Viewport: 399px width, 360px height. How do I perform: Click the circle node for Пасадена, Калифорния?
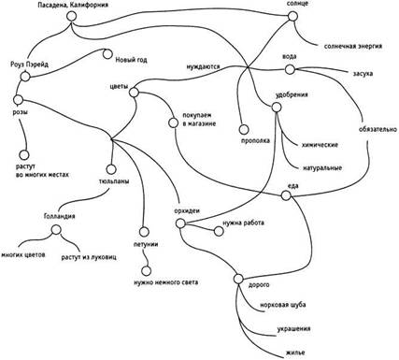click(71, 17)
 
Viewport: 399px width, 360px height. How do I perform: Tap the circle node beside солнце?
click(292, 16)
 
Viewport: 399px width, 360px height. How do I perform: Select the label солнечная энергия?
click(353, 47)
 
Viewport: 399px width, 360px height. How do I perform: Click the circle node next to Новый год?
click(107, 54)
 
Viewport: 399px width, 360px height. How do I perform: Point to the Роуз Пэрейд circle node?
click(25, 77)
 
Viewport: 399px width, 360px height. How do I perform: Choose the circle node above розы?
click(18, 100)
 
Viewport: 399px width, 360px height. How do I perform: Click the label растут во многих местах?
click(42, 171)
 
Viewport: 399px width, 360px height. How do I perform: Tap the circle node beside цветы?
click(134, 93)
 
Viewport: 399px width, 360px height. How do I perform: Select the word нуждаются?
click(203, 66)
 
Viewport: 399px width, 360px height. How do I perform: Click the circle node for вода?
click(290, 69)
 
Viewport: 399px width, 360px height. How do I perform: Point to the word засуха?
click(363, 74)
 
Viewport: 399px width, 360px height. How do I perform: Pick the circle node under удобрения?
click(277, 108)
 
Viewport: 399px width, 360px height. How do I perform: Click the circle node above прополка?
click(244, 129)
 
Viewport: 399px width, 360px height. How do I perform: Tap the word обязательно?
click(378, 129)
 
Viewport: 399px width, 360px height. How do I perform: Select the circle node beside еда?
click(286, 195)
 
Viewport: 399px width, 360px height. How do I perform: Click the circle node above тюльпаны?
click(111, 169)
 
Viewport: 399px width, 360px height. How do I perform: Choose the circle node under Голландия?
click(56, 230)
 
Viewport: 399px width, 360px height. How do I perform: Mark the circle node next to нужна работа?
click(219, 231)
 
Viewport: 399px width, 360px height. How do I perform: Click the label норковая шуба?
click(283, 305)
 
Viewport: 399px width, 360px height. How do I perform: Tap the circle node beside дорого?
click(238, 279)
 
